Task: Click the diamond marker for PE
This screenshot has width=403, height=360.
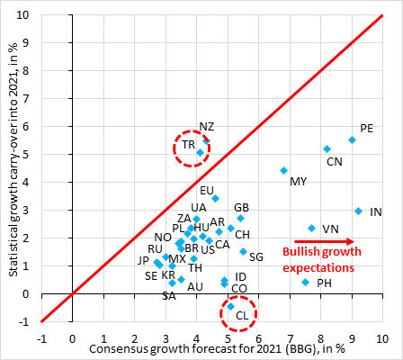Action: click(352, 139)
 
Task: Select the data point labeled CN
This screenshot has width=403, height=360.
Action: click(327, 148)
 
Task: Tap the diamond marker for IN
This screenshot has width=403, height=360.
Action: click(358, 211)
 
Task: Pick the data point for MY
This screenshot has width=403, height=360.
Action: click(283, 170)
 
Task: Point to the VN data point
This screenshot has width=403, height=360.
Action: click(311, 228)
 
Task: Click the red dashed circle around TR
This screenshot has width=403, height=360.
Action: click(191, 146)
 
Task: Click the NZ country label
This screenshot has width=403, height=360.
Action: click(207, 127)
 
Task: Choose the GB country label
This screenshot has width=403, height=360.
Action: click(241, 207)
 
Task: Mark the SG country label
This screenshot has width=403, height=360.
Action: click(256, 256)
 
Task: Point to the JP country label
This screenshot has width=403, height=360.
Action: click(144, 260)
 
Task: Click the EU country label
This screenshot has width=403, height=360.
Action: click(207, 190)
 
